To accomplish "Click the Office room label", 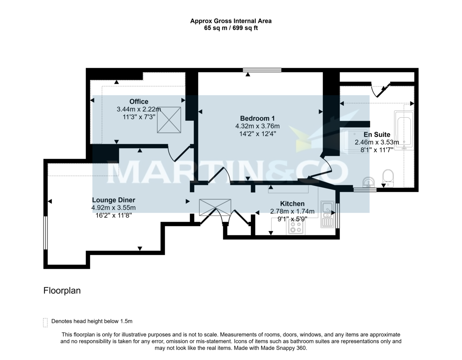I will [x=139, y=102].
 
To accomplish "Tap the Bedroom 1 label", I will [x=257, y=118].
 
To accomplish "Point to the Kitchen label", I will [x=292, y=203].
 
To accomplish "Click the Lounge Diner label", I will [x=113, y=200].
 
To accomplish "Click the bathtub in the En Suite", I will [x=403, y=130].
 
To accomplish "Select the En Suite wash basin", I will [x=369, y=182].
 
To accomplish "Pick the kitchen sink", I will [x=327, y=209].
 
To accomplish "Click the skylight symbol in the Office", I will [x=169, y=120].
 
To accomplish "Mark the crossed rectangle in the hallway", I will [x=215, y=207].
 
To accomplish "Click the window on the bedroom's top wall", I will [x=262, y=70].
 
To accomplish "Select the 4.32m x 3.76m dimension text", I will [x=257, y=126].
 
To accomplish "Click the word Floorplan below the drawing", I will [x=62, y=291].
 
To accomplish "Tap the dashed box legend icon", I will [x=45, y=322].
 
